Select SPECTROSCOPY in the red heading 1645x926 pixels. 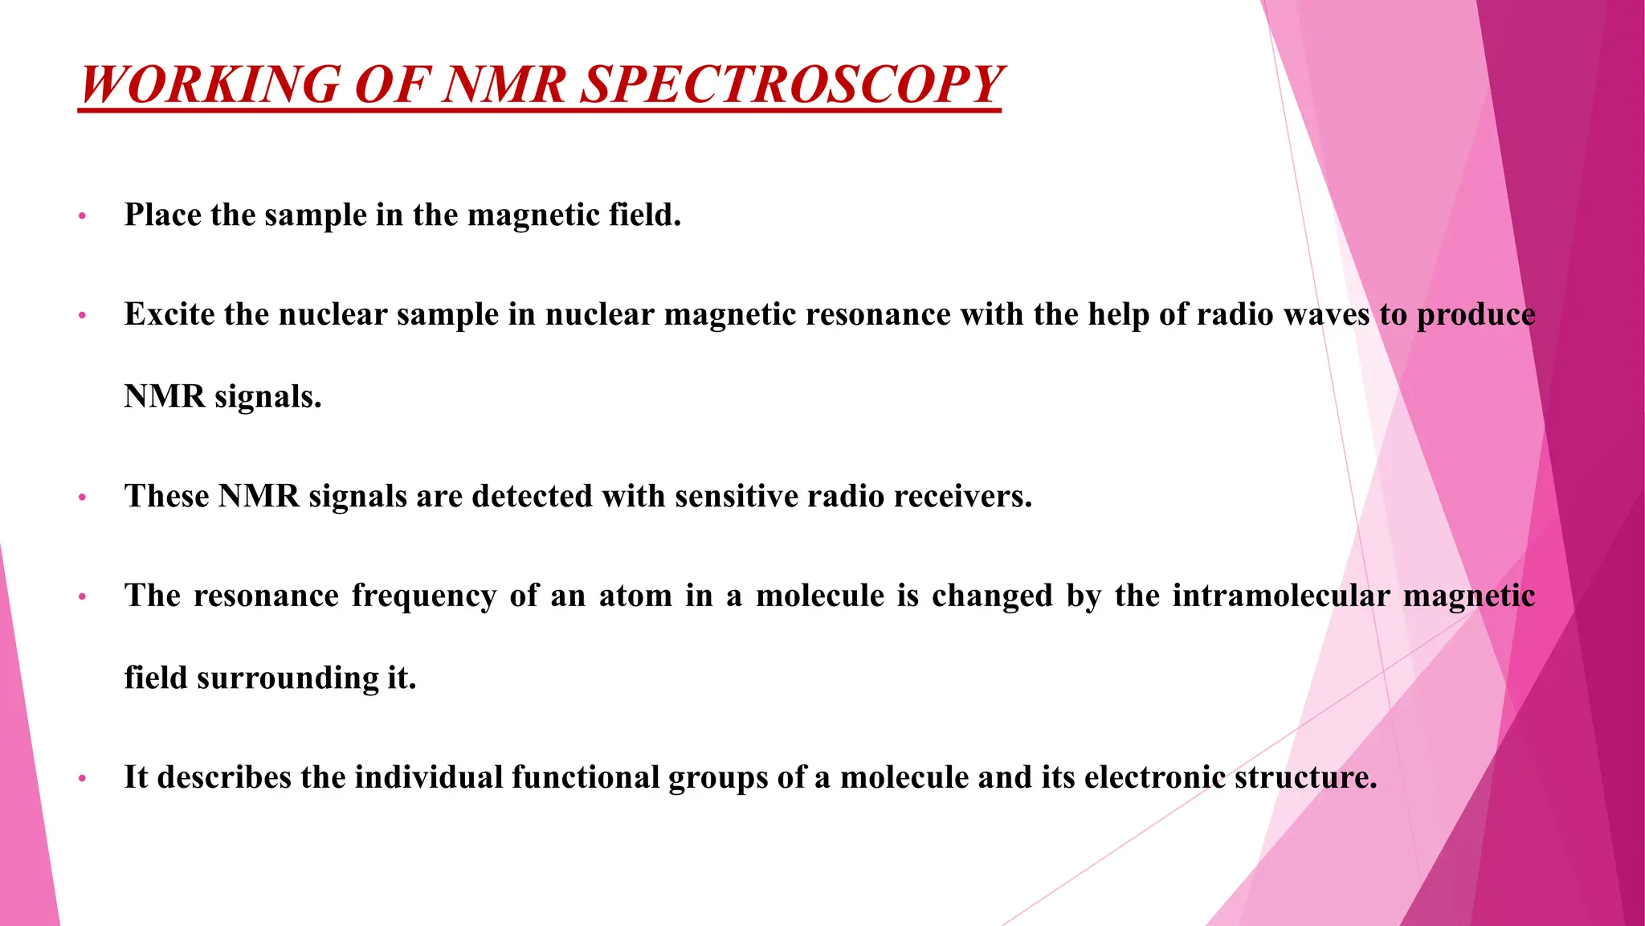point(791,84)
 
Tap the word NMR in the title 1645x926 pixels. point(504,84)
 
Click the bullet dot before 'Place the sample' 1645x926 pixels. point(82,216)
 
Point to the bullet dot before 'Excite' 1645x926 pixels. point(82,316)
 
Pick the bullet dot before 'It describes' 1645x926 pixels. point(82,779)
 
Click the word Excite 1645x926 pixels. point(169,314)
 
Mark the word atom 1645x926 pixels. point(635,596)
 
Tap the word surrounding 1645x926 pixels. point(288,679)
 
